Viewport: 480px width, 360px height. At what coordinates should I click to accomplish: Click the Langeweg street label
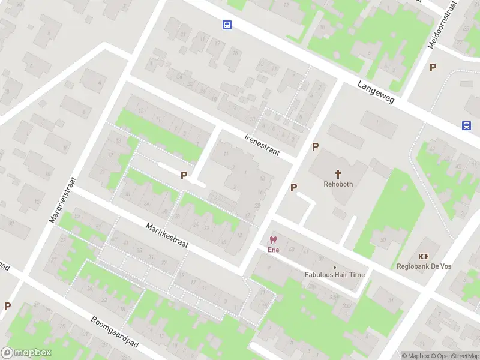376,92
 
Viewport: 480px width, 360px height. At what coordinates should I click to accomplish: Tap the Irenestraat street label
262,145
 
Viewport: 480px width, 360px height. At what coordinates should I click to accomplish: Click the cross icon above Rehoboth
338,174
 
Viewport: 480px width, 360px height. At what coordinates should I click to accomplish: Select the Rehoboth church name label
338,184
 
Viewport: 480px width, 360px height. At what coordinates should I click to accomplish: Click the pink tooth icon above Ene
274,240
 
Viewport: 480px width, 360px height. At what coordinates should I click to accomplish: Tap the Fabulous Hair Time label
335,275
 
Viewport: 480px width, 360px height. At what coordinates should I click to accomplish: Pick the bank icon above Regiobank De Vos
424,257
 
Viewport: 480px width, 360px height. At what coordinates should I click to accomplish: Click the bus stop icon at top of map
227,25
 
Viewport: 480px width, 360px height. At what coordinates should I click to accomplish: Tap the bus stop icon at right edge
466,125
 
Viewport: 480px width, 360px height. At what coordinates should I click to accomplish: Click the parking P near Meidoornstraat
433,67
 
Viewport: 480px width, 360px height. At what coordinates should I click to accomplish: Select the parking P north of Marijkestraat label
184,176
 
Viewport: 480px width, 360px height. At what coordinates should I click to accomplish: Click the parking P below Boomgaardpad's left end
7,305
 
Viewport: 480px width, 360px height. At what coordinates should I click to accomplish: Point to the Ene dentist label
274,250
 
